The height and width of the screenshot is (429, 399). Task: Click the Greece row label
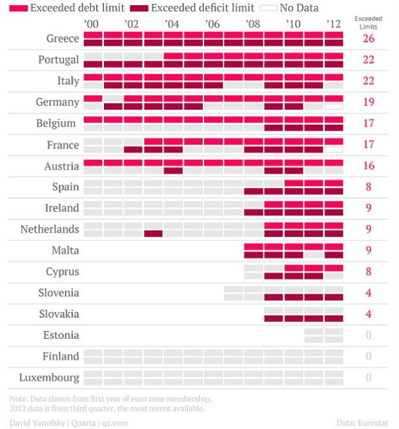[63, 39]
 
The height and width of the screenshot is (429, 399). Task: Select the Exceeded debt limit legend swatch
[18, 8]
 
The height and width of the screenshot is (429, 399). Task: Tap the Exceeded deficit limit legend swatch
[139, 8]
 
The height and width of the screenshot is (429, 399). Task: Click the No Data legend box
[268, 8]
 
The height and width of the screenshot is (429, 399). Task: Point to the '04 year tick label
[172, 24]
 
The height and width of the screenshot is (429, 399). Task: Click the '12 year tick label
[334, 24]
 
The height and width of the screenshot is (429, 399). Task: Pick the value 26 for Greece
[368, 39]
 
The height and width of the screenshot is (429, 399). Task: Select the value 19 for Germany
[368, 102]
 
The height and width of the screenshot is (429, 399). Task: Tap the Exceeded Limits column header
[368, 22]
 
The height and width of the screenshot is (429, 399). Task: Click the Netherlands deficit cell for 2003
[153, 233]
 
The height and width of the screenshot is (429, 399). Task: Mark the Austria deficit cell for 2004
[173, 170]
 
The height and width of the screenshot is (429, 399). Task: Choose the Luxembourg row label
[49, 377]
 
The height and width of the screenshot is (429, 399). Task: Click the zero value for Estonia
[368, 335]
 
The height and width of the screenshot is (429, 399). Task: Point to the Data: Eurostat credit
[363, 422]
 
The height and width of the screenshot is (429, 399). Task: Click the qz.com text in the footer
[114, 422]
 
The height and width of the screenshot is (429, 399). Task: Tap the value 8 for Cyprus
[368, 272]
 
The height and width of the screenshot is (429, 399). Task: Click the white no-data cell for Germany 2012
[334, 106]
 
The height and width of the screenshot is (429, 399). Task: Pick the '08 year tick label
[253, 24]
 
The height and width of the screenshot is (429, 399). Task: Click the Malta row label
[65, 251]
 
